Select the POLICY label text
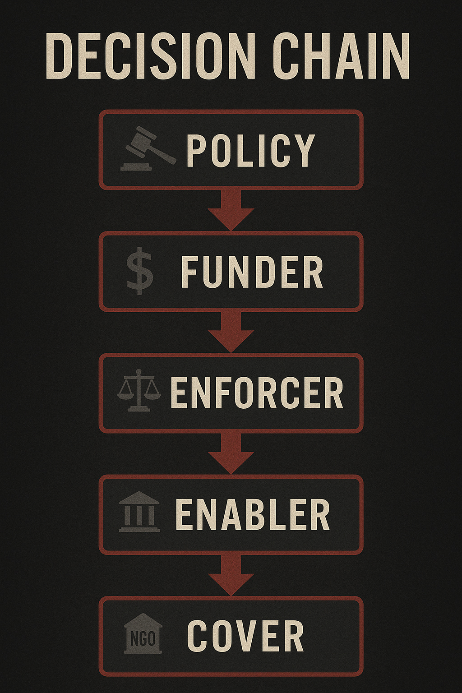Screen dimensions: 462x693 click(250, 150)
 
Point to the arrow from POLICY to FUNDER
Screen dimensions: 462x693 click(231, 210)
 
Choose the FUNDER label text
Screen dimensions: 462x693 click(252, 272)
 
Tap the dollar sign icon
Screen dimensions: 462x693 click(140, 271)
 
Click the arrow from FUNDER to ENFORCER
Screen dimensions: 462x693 click(231, 332)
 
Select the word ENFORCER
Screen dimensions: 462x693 click(257, 393)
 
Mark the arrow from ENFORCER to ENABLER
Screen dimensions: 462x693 click(231, 453)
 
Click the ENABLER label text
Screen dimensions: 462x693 click(252, 514)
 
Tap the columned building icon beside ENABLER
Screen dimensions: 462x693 click(139, 512)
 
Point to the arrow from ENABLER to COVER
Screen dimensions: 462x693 click(231, 575)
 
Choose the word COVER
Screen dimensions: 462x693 click(245, 636)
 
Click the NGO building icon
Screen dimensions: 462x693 click(143, 634)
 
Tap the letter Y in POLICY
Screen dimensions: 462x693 click(304, 150)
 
